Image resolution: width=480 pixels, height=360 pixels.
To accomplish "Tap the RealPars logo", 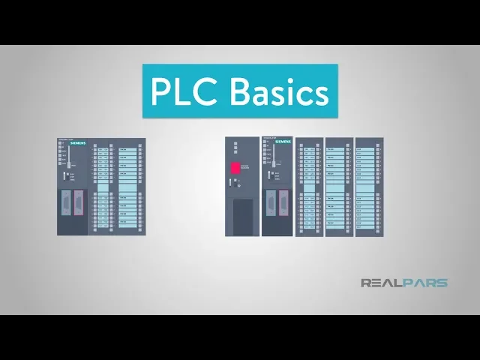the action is (403, 283).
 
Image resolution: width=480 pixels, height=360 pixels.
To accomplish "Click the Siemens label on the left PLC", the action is (78, 142).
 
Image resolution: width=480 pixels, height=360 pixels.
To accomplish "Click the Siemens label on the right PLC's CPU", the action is (283, 141).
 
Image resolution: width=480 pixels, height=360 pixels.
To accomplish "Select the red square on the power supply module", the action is (235, 168).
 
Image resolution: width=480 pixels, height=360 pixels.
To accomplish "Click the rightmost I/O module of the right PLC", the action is (368, 187).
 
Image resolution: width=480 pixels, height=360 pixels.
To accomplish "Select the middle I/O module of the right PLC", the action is (339, 187).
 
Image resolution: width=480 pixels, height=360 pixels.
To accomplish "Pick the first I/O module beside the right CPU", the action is (309, 187).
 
